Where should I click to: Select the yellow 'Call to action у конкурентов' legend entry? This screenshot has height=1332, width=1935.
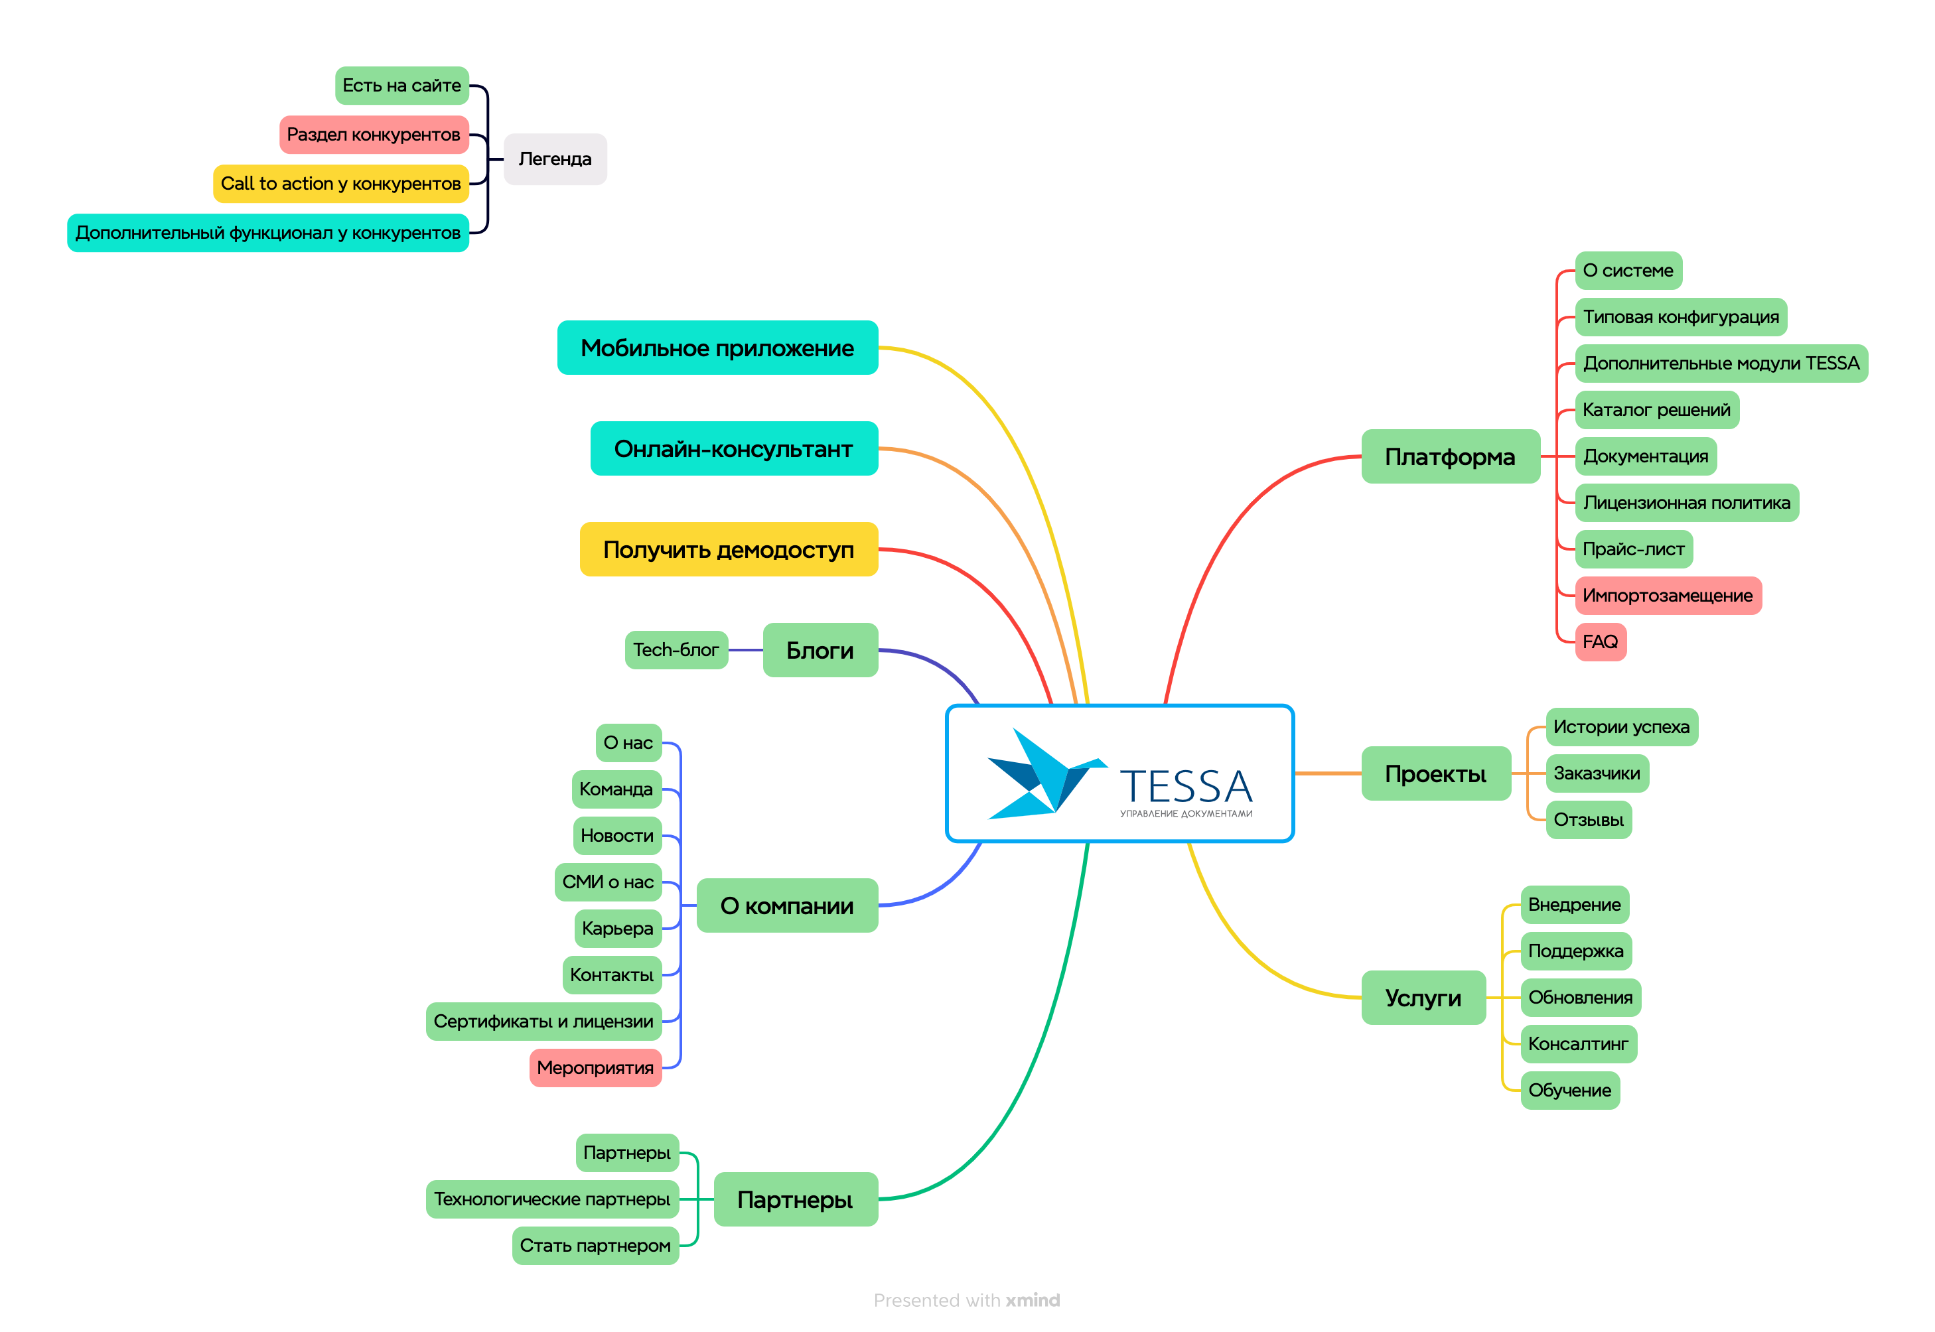pos(340,184)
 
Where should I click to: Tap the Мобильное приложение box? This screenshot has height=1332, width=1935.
pos(717,348)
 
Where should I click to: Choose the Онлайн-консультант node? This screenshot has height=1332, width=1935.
pos(734,449)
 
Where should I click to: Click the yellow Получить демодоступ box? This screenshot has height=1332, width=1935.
pos(728,550)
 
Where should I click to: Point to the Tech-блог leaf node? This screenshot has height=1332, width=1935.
pos(676,650)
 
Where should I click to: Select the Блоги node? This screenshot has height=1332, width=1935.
pos(820,650)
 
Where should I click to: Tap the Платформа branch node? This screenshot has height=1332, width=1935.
pos(1449,457)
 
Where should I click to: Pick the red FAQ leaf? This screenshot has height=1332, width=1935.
pos(1599,642)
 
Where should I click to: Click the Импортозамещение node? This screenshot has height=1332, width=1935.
pos(1667,596)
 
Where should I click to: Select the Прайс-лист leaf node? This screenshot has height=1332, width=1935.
pos(1633,549)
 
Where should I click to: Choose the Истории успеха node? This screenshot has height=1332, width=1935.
pos(1620,727)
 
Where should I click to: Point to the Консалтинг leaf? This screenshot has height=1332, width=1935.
pos(1578,1044)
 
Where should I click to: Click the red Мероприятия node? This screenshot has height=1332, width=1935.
pos(595,1068)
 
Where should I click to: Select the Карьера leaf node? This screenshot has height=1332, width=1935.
pos(617,929)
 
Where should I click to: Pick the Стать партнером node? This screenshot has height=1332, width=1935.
pos(595,1246)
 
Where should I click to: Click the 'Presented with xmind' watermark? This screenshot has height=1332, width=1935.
pos(966,1300)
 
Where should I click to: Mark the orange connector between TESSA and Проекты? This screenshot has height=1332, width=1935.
pos(1327,773)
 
